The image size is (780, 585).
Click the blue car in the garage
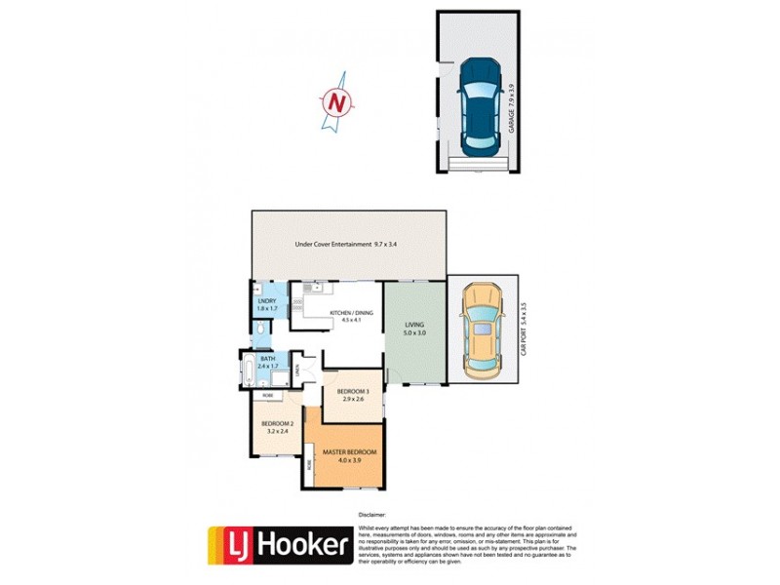[479, 105]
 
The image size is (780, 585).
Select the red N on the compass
[337, 101]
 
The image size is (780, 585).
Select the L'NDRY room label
[268, 304]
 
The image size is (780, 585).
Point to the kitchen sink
[309, 289]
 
